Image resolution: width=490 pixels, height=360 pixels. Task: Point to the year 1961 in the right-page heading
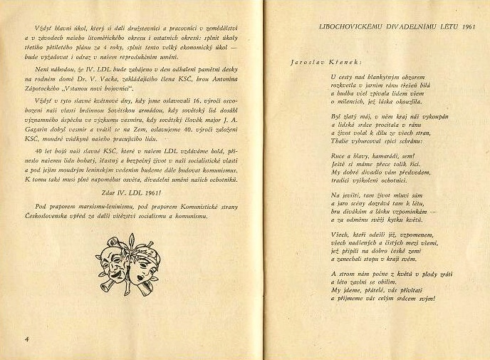click(467, 26)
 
